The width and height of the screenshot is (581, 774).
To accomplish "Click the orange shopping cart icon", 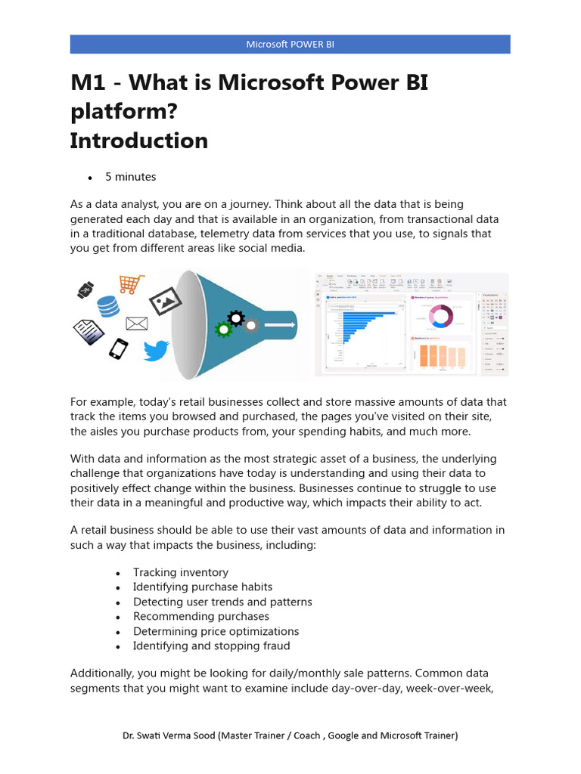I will click(x=132, y=284).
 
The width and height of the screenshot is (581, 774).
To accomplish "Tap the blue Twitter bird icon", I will click(x=156, y=350).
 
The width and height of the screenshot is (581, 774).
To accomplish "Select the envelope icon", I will click(x=136, y=324).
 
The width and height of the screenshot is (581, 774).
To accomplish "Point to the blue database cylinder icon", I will click(x=109, y=306).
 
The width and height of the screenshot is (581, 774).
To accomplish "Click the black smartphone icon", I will click(x=118, y=348).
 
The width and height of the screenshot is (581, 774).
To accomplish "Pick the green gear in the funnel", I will click(x=222, y=329).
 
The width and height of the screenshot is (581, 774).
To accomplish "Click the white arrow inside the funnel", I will click(x=279, y=324).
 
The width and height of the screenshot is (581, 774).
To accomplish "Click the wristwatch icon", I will click(x=85, y=289).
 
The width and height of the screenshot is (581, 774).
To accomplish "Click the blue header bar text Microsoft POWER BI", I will click(x=290, y=44).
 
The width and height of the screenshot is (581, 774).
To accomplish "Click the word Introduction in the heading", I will click(x=138, y=141).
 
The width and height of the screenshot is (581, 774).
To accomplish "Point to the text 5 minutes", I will click(x=130, y=177).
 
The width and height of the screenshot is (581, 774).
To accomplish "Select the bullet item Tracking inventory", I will click(x=180, y=572).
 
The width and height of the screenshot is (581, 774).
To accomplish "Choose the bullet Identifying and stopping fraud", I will click(x=211, y=646).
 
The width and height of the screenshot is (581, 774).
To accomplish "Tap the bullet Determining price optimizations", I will click(x=216, y=631).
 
